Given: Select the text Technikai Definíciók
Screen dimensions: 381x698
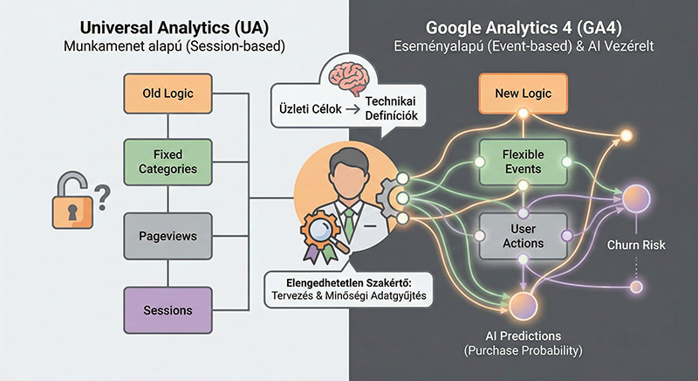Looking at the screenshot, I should click(389, 110).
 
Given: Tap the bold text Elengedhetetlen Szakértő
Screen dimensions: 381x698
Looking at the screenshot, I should click(349, 282).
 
